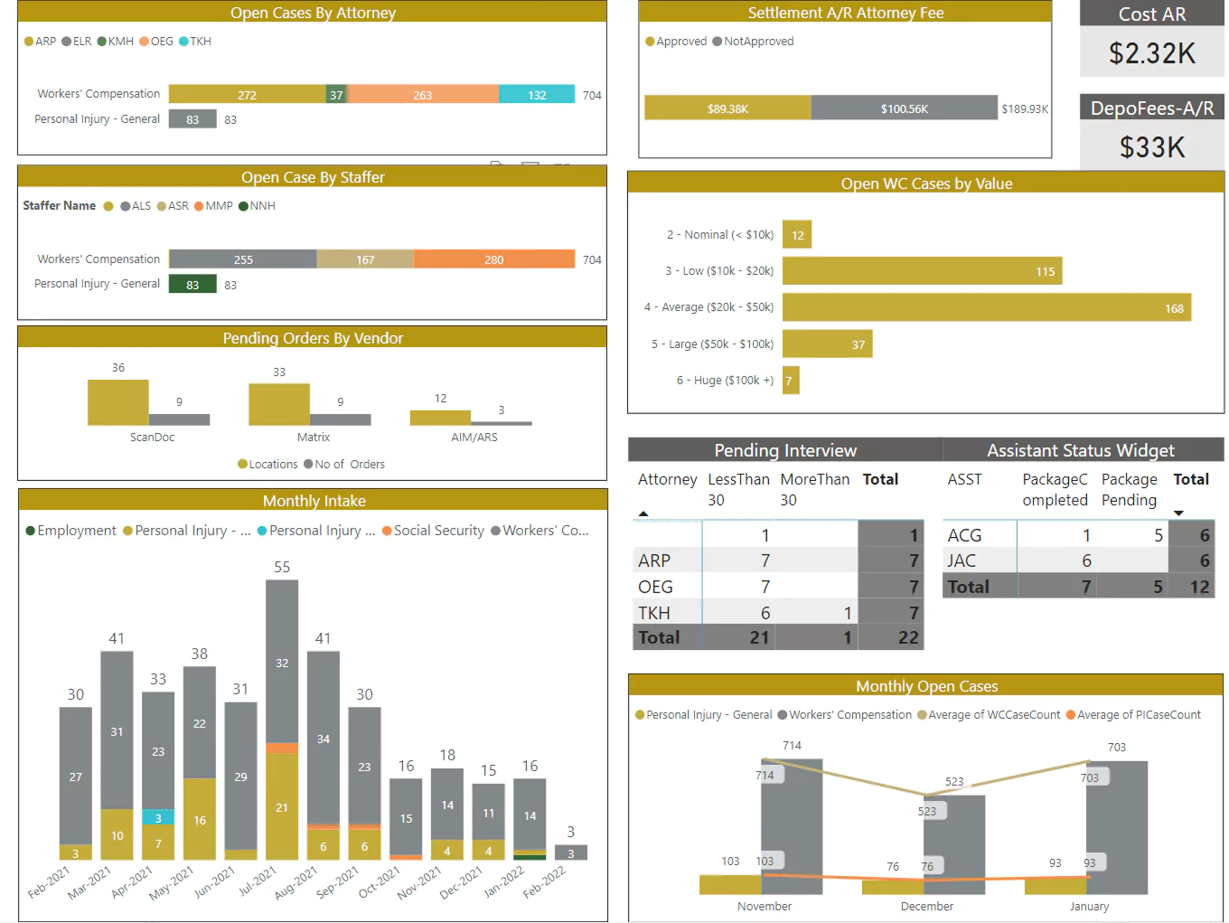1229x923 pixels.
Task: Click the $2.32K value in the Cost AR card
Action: (x=1151, y=53)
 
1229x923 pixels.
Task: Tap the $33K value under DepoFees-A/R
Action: (x=1151, y=147)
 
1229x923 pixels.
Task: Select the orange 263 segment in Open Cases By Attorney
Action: (x=422, y=95)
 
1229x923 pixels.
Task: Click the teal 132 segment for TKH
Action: (x=537, y=95)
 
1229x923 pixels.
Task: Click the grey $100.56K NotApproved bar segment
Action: (x=904, y=108)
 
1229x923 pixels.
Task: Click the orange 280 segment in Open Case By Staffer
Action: (x=493, y=259)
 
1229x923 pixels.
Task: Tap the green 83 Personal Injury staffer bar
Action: (x=192, y=285)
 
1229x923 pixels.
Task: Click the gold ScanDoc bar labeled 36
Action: (x=117, y=402)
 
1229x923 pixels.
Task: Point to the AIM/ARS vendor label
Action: (x=474, y=438)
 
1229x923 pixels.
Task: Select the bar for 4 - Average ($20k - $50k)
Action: (x=986, y=307)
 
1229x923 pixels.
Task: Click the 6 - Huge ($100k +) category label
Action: (x=725, y=381)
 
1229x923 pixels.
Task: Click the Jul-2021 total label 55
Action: (x=282, y=567)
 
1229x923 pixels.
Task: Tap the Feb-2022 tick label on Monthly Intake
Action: (x=544, y=882)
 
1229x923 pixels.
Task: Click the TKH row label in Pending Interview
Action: (x=654, y=613)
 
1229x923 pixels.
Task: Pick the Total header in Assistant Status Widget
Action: (x=1190, y=480)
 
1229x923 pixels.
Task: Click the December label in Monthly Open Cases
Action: (x=926, y=906)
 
